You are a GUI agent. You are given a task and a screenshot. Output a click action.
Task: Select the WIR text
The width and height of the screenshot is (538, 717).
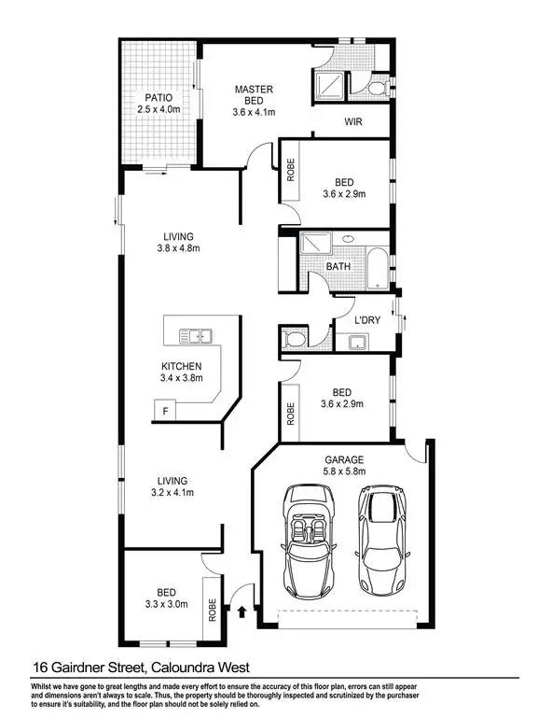[x=352, y=122]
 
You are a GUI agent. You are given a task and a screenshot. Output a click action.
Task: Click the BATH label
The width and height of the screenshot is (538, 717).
[x=338, y=267]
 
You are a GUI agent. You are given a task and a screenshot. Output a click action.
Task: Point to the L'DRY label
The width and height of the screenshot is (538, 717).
[x=366, y=320]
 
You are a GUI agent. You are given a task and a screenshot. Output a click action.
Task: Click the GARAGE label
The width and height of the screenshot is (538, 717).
[x=343, y=460]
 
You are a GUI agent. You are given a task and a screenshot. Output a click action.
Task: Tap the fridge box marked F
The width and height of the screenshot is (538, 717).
[x=165, y=411]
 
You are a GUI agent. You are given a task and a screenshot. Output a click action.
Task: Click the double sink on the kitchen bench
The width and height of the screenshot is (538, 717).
[x=197, y=333]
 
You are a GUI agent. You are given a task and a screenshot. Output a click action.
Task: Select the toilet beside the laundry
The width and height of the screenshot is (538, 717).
[x=296, y=338]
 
